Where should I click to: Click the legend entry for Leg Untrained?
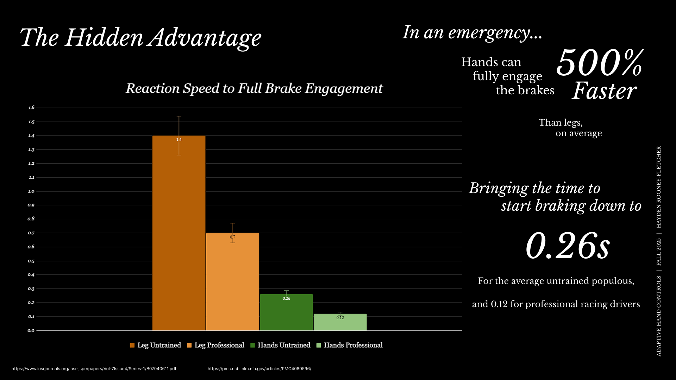(155, 345)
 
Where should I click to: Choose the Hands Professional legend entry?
(350, 345)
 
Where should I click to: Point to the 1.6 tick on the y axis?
(31, 108)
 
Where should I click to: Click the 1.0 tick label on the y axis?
(31, 191)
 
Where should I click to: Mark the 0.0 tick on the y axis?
(31, 330)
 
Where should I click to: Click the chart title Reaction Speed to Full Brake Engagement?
(254, 88)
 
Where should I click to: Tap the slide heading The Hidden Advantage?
(140, 38)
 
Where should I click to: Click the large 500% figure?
(600, 63)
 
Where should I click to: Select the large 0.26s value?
(567, 246)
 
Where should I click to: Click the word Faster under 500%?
(604, 91)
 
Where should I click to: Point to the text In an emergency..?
(472, 33)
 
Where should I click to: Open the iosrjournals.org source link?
(94, 369)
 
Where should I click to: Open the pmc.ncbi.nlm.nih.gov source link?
(259, 369)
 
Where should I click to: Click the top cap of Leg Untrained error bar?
(179, 116)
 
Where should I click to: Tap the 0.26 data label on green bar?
(286, 298)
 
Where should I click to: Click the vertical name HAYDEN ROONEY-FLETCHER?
(659, 187)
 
